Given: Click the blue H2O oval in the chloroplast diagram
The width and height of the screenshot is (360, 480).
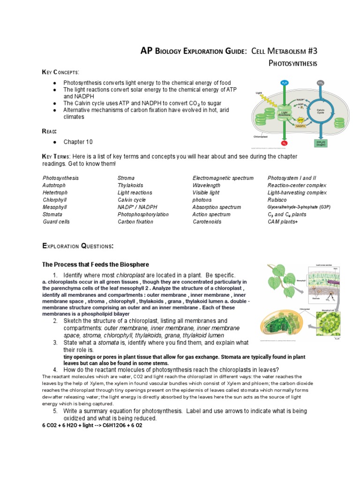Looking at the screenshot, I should (x=285, y=83).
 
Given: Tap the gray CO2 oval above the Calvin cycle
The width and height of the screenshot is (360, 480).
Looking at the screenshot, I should (x=320, y=83).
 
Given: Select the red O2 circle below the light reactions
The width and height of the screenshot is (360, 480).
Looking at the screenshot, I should (x=285, y=142).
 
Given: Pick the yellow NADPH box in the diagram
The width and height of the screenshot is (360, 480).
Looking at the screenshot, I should (x=300, y=126).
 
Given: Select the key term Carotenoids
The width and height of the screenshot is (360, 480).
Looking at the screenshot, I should (x=207, y=222).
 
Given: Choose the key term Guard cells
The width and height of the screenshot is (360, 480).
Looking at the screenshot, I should (x=56, y=222).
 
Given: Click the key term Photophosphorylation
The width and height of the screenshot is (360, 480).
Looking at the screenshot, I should (x=143, y=214).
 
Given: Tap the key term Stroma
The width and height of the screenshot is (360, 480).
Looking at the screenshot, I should (x=126, y=178).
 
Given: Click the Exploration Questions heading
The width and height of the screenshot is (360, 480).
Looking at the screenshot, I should (x=78, y=246).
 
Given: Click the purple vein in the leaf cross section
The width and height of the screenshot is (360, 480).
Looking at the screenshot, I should (x=333, y=283).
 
